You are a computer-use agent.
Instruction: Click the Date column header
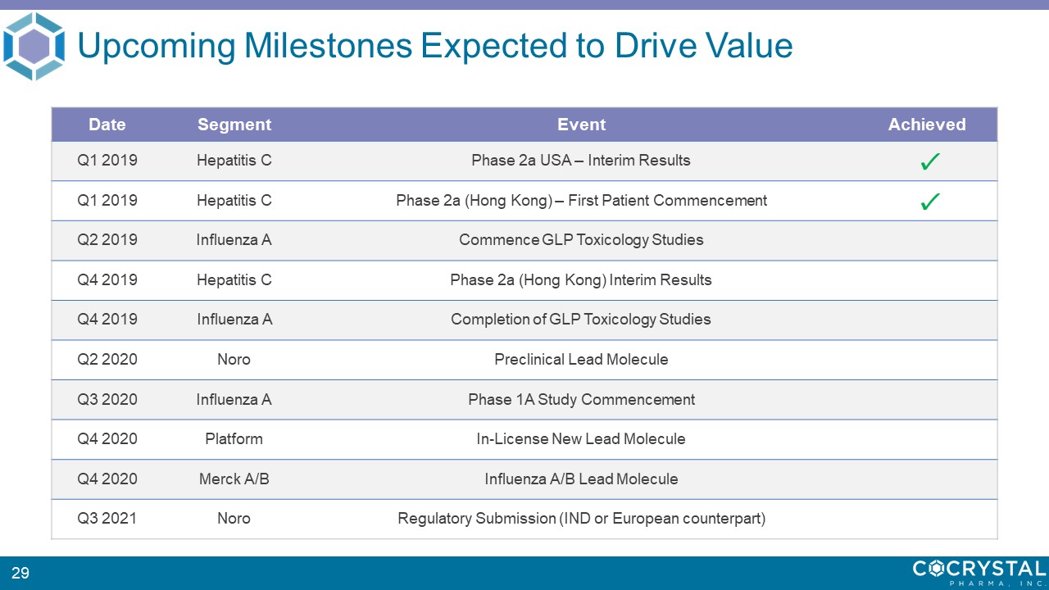(x=107, y=125)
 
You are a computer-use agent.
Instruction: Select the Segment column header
(x=234, y=125)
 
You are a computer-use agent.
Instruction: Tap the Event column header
(x=581, y=125)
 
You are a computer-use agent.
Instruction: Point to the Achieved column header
(x=927, y=125)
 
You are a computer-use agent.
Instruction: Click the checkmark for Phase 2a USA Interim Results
(x=929, y=161)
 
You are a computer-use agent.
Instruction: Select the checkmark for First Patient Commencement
(x=929, y=202)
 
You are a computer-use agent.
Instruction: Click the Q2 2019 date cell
(x=107, y=240)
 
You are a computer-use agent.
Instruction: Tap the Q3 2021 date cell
(x=107, y=519)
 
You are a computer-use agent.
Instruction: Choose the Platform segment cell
(x=234, y=439)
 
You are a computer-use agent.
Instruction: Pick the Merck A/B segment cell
(x=234, y=479)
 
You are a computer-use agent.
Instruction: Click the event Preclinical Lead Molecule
(x=581, y=359)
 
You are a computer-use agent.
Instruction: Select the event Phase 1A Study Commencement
(x=581, y=399)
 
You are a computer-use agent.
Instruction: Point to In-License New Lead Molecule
(x=581, y=438)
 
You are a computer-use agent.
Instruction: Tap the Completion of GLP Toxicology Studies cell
(x=581, y=320)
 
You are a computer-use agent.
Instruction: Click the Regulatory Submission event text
(x=581, y=519)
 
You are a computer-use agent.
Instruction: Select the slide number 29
(x=20, y=573)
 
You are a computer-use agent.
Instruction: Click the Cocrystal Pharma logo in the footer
(x=979, y=572)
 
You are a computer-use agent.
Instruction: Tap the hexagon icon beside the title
(x=34, y=47)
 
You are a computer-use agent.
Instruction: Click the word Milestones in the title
(x=328, y=46)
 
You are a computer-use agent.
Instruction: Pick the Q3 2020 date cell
(x=107, y=399)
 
